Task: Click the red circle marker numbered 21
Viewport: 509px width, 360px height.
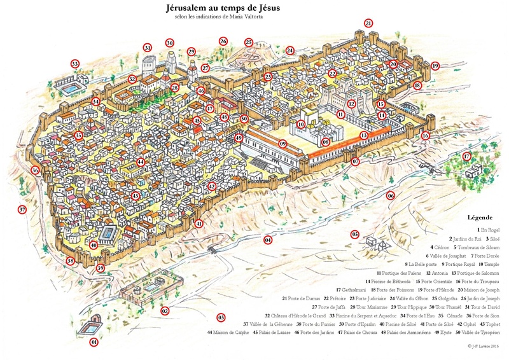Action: [x=368, y=23]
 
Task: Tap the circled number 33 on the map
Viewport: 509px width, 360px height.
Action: [x=75, y=64]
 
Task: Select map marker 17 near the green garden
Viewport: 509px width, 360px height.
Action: [x=466, y=156]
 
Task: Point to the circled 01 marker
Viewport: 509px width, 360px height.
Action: [x=94, y=342]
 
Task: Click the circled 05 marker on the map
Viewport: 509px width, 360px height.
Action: [x=354, y=234]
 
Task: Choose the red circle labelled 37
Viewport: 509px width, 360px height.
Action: [x=22, y=209]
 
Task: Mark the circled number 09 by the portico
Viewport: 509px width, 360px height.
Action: [x=282, y=144]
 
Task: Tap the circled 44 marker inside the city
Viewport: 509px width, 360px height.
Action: [x=139, y=162]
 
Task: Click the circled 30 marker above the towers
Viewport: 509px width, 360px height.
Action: [x=169, y=43]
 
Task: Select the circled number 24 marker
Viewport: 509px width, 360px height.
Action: [x=290, y=50]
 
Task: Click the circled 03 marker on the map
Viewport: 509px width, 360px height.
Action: [x=221, y=317]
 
